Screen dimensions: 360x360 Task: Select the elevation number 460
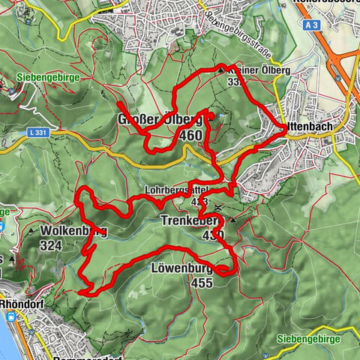pos(190,136)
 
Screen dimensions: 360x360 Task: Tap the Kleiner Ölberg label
pos(240,70)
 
